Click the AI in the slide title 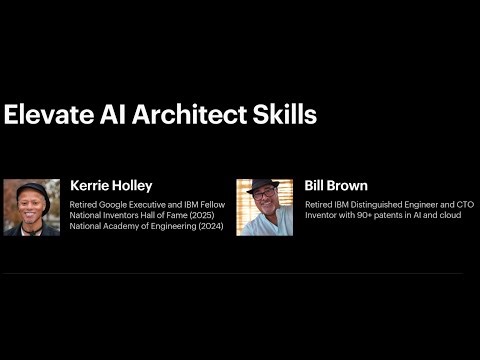pyautogui.click(x=111, y=114)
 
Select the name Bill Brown pyautogui.click(x=336, y=186)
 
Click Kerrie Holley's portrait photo pyautogui.click(x=32, y=207)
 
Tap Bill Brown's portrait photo pyautogui.click(x=264, y=207)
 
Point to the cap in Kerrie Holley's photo pyautogui.click(x=32, y=187)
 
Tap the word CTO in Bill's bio pyautogui.click(x=464, y=204)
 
